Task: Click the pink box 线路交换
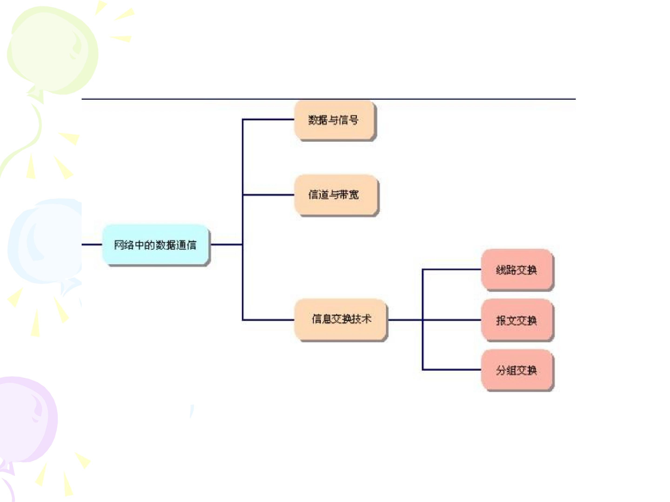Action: [517, 270]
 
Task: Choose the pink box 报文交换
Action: [517, 320]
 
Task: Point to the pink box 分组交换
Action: [517, 370]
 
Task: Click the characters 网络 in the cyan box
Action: [124, 245]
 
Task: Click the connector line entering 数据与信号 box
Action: [268, 119]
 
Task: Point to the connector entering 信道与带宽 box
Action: [268, 195]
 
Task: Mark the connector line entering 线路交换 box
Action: [452, 269]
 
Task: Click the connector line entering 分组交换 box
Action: [452, 370]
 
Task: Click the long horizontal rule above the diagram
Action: [329, 99]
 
